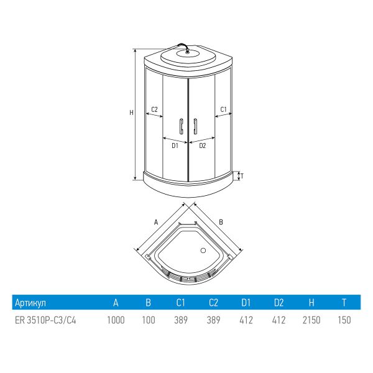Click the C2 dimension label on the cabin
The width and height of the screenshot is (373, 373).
coord(154,109)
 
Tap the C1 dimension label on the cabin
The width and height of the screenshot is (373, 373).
coord(223,109)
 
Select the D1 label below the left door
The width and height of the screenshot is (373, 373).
coord(175,145)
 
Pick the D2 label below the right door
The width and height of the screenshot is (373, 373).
coord(202,145)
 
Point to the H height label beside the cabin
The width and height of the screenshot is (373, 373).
coord(131,113)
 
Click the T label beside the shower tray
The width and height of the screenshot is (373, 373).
coord(242,176)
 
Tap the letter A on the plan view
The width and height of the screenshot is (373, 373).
coord(156,223)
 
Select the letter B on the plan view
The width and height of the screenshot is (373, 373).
coord(221,222)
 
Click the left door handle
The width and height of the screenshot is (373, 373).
coord(182,126)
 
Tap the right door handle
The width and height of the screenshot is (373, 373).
coord(195,126)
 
